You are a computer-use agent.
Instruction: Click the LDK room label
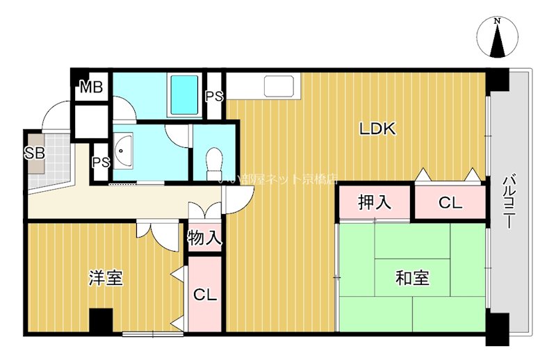click(377, 129)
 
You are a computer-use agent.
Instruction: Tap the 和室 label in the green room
click(412, 278)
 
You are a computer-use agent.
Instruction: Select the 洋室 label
click(106, 278)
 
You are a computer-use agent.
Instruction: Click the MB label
click(91, 88)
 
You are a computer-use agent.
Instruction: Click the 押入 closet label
click(375, 203)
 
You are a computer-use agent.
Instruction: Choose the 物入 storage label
click(204, 238)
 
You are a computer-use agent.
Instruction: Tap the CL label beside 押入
click(450, 203)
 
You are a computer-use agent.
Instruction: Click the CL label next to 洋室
click(204, 294)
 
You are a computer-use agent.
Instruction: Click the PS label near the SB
click(100, 163)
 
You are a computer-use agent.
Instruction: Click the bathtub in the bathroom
click(184, 95)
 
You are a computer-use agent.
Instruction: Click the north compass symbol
click(497, 39)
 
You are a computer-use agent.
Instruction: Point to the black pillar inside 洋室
click(101, 320)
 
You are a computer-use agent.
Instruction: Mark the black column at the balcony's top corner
click(498, 81)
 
